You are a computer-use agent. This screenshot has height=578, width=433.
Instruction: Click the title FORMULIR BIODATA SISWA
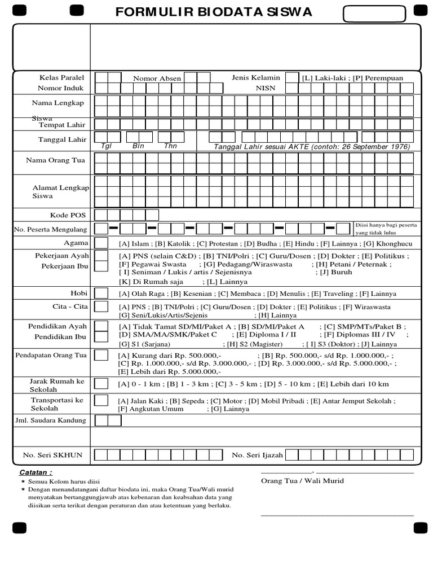[214, 12]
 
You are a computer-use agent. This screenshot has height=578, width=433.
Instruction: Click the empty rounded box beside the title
[374, 14]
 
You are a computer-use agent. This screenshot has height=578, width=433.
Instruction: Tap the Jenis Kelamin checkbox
[292, 78]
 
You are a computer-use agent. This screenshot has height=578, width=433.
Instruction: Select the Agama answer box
[101, 243]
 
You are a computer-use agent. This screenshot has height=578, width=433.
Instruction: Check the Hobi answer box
[101, 294]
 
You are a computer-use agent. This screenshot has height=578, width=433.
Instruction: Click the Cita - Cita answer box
[101, 306]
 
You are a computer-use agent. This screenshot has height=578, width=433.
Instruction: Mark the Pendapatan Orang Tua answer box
[101, 355]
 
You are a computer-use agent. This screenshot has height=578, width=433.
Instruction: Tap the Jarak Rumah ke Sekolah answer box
[101, 384]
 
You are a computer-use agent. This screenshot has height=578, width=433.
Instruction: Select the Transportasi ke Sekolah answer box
[101, 400]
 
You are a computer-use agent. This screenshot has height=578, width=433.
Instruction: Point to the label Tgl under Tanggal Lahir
[107, 146]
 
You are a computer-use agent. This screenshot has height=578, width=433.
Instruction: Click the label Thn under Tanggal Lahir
[170, 146]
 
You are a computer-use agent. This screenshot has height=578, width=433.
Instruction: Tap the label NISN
[265, 88]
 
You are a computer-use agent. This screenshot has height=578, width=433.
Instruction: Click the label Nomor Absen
[157, 78]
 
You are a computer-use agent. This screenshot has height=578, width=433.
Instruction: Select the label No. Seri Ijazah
[257, 455]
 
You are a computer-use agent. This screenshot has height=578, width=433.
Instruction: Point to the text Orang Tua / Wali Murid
[302, 481]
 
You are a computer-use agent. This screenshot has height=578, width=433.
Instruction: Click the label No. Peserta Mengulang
[51, 229]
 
